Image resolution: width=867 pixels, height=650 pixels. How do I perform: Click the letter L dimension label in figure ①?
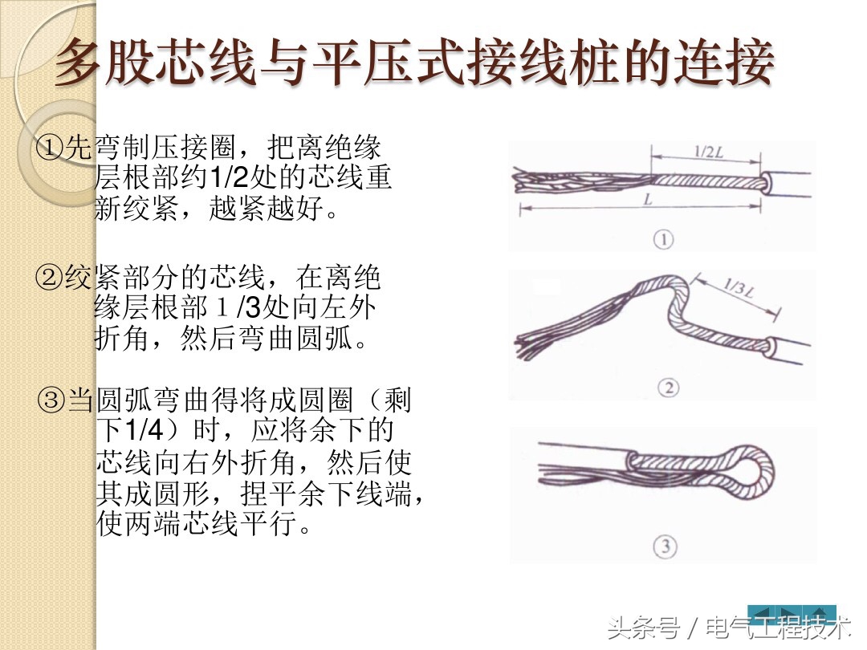point(647,201)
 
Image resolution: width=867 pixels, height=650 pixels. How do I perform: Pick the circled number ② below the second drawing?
point(667,388)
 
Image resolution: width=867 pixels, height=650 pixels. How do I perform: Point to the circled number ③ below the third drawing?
point(666,547)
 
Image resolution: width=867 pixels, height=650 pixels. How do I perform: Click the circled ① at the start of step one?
point(50,147)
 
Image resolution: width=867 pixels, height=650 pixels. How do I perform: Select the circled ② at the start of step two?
point(50,278)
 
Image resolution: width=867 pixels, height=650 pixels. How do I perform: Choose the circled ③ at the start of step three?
point(53,399)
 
